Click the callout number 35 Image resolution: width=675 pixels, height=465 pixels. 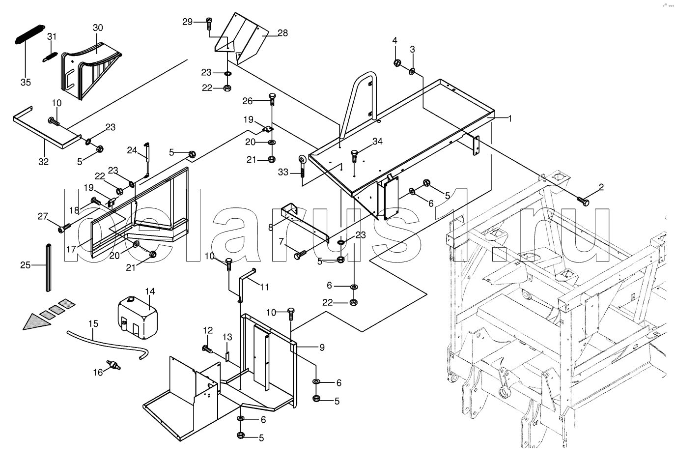pyautogui.click(x=26, y=83)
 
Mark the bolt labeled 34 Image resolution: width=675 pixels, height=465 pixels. pyautogui.click(x=354, y=156)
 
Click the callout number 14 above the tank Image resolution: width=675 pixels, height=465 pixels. pyautogui.click(x=149, y=291)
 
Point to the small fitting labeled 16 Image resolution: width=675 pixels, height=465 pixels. pyautogui.click(x=115, y=366)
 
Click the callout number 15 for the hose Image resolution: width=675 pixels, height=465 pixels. pyautogui.click(x=93, y=324)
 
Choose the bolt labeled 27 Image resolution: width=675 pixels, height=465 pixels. pyautogui.click(x=64, y=228)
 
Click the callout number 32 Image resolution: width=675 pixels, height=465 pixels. pyautogui.click(x=44, y=161)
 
